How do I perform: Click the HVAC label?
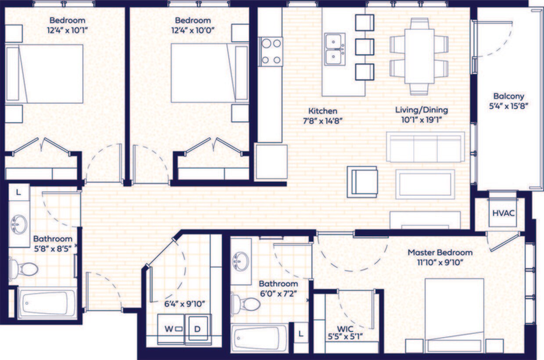tap(503, 213)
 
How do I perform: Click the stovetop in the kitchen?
tap(271, 51)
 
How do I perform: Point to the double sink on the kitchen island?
tap(335, 49)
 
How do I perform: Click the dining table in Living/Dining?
tap(419, 56)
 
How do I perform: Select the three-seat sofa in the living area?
tap(425, 147)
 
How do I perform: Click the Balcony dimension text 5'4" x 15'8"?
tap(508, 105)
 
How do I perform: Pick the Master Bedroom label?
tap(440, 252)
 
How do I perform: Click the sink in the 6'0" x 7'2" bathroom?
tap(240, 261)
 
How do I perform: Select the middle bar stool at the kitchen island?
tap(364, 47)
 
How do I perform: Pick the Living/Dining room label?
tap(421, 110)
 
